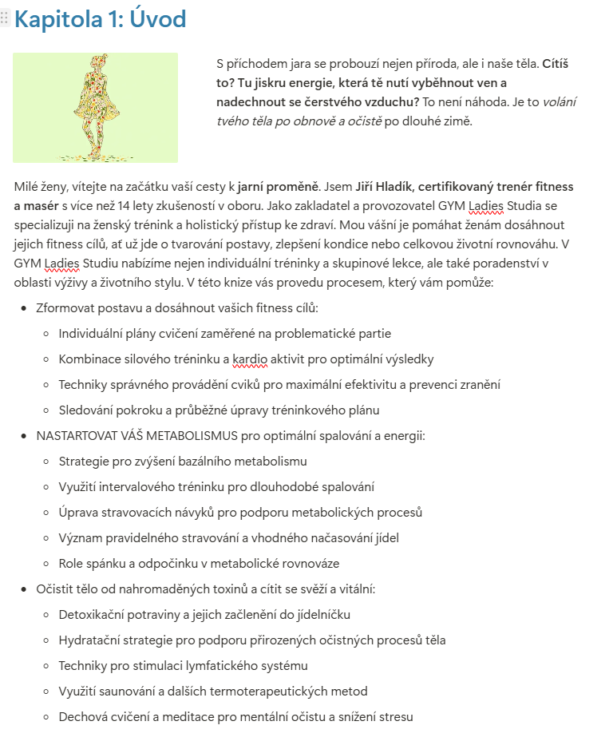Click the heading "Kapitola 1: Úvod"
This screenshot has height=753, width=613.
[101, 20]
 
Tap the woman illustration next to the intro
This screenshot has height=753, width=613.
[95, 108]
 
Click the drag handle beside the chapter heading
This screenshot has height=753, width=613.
[6, 19]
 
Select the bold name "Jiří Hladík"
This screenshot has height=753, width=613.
[388, 187]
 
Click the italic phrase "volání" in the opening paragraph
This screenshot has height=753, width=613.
[560, 102]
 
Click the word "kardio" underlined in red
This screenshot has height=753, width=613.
[250, 359]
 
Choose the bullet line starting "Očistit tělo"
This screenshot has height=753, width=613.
[205, 589]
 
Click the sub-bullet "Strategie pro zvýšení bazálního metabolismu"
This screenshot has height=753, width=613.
[183, 462]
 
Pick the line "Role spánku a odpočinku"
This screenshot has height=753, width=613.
[199, 564]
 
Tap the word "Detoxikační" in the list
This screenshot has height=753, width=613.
[94, 615]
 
